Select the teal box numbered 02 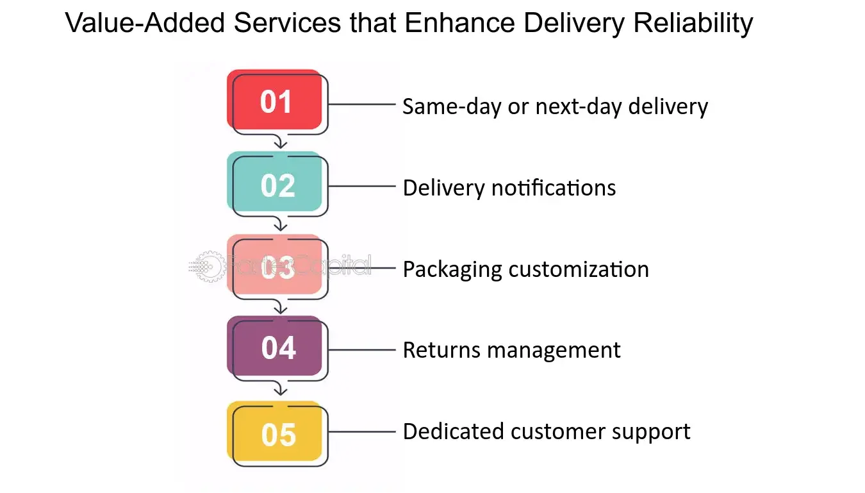[276, 184]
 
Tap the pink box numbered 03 [276, 267]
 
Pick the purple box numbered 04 [276, 347]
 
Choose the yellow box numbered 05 [276, 433]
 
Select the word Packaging [452, 269]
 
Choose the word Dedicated [453, 431]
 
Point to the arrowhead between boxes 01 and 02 [279, 145]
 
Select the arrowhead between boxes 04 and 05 [279, 390]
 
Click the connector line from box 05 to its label [362, 431]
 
